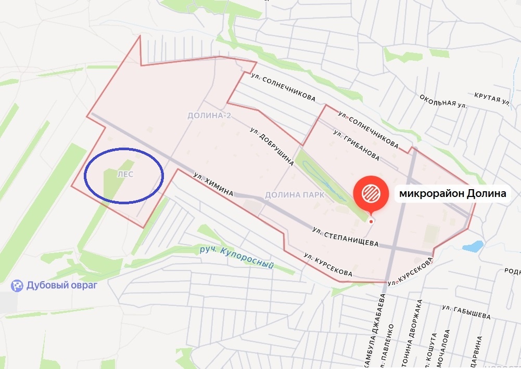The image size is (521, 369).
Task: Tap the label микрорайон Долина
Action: coord(451,194)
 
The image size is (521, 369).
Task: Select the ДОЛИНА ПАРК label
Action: coord(295,195)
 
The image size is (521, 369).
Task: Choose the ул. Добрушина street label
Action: coord(272,147)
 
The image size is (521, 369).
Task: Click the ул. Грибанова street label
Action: coord(355,144)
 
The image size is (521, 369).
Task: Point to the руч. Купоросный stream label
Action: coord(237,257)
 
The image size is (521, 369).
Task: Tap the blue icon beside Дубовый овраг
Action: coord(18,285)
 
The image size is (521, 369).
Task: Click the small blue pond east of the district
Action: coord(473,246)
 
